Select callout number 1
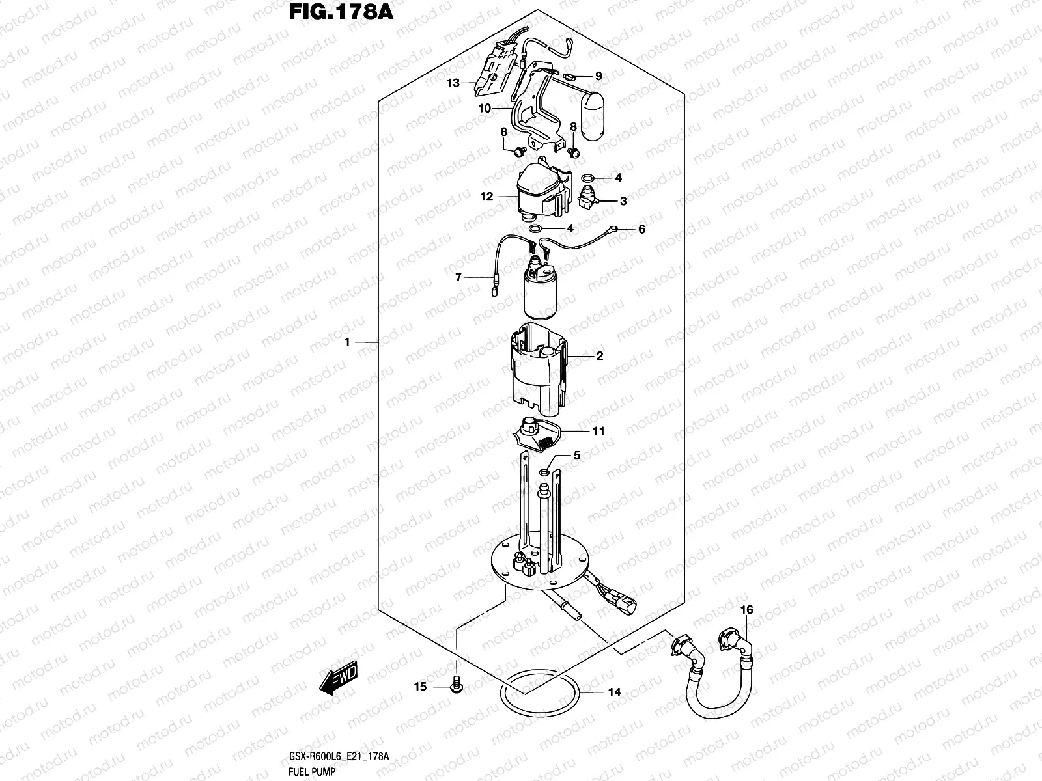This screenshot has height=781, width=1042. coord(347,342)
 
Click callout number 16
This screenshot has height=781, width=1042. coord(746,610)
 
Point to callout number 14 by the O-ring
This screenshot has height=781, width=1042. coord(614,692)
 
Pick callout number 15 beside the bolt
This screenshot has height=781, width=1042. coord(421,687)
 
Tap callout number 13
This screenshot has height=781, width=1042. coord(453,83)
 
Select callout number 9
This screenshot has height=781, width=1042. coord(598,76)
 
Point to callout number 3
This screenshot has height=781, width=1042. coord(623,201)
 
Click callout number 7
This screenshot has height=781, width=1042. coord(458,277)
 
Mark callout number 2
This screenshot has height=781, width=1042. coord(599,356)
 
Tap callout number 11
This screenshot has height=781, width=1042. coord(598,431)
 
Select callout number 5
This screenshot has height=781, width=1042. coord(576,456)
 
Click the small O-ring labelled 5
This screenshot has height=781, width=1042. coord(544,471)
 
